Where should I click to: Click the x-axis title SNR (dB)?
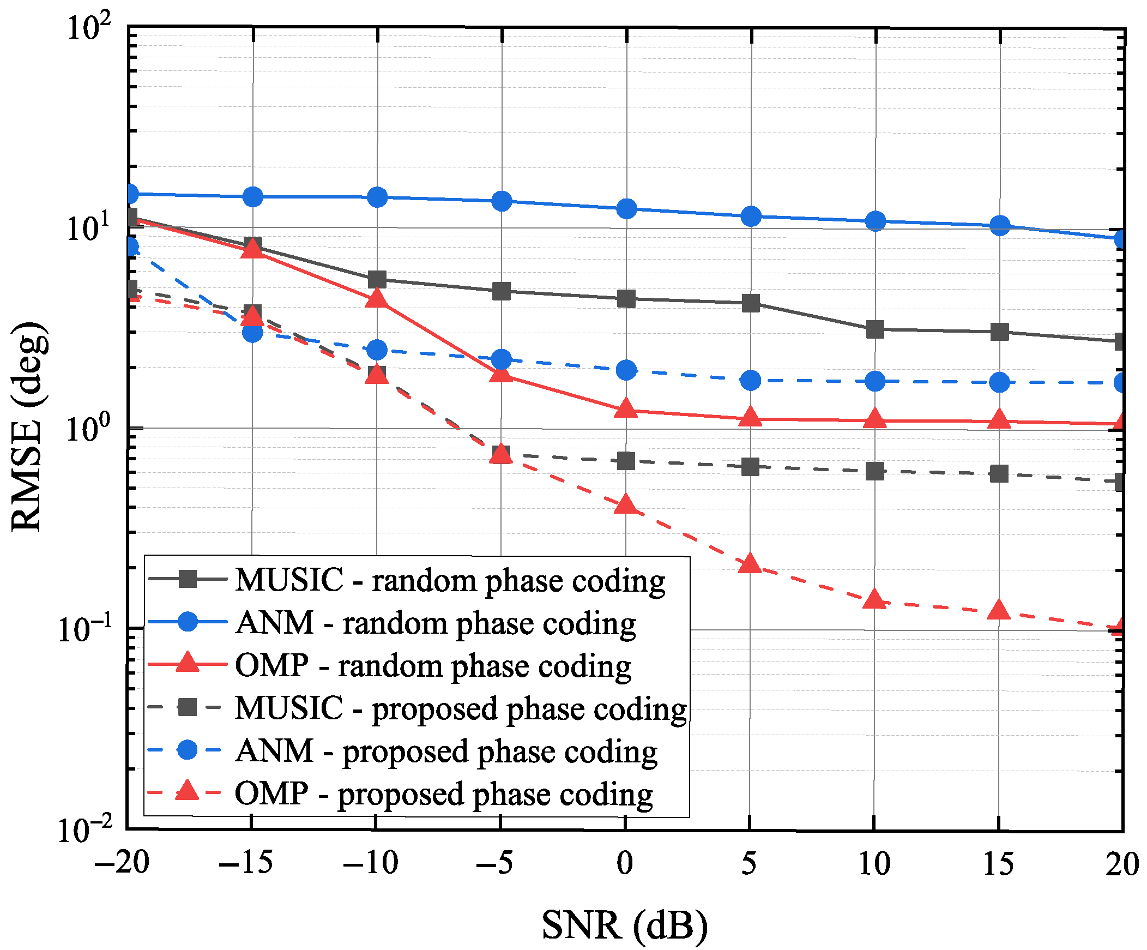pyautogui.click(x=624, y=925)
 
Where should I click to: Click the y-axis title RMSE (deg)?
pyautogui.click(x=28, y=426)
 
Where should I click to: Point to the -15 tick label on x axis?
pyautogui.click(x=245, y=863)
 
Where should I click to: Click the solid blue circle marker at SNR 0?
pyautogui.click(x=626, y=208)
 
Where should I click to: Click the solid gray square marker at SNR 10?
pyautogui.click(x=875, y=329)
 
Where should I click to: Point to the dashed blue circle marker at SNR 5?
pyautogui.click(x=751, y=380)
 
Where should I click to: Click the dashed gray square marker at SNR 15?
pyautogui.click(x=999, y=473)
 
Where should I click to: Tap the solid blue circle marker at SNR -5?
pyautogui.click(x=502, y=201)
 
